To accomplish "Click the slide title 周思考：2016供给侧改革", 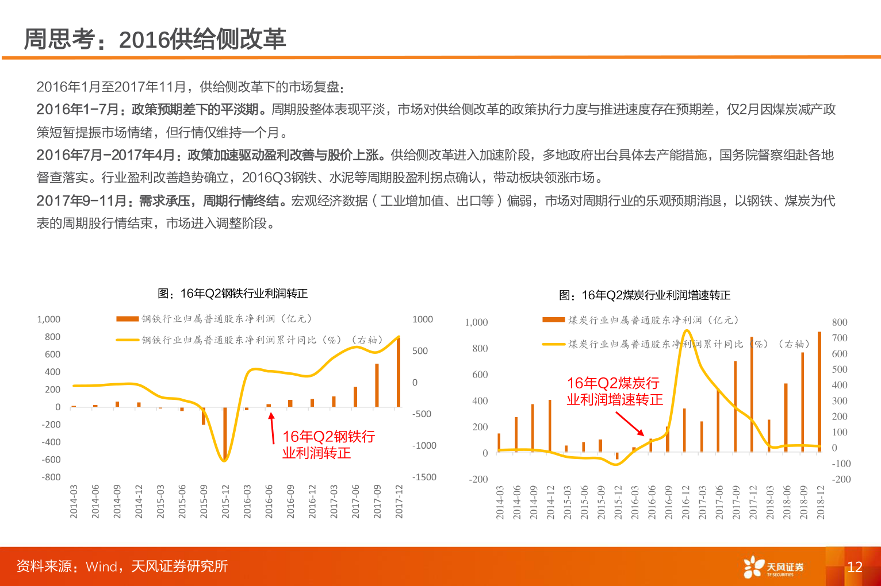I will (x=155, y=39).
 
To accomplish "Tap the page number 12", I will (x=855, y=567).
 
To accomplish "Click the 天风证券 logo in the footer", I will (x=773, y=567).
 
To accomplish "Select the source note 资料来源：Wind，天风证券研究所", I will (x=122, y=566).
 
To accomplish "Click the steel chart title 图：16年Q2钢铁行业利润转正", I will (x=232, y=294).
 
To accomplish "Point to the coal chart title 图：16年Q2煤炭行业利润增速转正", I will (x=644, y=295).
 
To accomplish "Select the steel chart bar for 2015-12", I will (x=225, y=434).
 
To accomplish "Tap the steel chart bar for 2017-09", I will (x=377, y=385).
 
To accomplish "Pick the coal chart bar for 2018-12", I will (x=819, y=392).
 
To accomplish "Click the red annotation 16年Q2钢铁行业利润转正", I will (x=328, y=445).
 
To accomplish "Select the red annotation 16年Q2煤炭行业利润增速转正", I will (x=614, y=391).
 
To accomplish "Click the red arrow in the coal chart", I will (x=630, y=424).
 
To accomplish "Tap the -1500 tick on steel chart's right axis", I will (x=424, y=477).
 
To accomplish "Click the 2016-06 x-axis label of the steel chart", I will (x=269, y=502).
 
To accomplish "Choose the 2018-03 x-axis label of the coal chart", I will (x=770, y=503).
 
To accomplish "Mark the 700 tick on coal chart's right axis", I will (x=840, y=338).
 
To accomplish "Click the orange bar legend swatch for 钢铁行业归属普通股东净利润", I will (x=127, y=319).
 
